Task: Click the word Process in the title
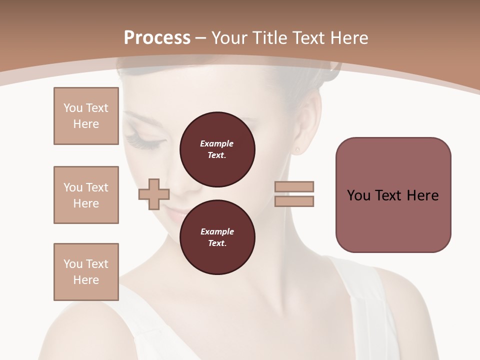click(157, 38)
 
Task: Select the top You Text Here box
click(86, 116)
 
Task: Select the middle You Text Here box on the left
click(86, 195)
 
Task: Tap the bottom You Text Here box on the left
click(86, 272)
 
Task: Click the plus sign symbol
click(154, 194)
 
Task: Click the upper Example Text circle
click(217, 149)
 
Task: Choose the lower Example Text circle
click(217, 237)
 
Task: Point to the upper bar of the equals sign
click(294, 186)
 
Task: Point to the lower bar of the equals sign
click(294, 201)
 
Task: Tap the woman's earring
click(298, 149)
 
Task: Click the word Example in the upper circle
click(217, 143)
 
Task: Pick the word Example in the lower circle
click(217, 231)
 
